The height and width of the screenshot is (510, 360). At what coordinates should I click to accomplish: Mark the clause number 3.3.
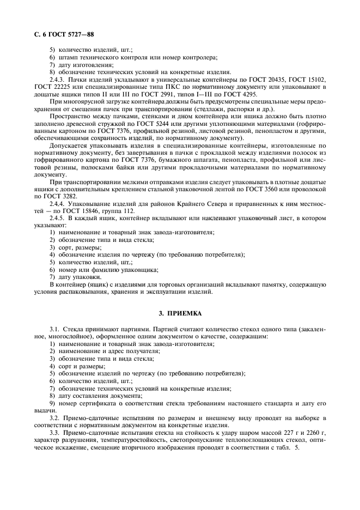click(54, 432)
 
